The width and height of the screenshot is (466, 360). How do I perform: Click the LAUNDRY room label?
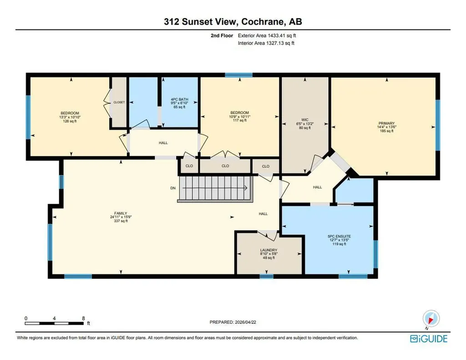click(x=268, y=250)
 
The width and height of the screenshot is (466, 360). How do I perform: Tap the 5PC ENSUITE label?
click(x=339, y=236)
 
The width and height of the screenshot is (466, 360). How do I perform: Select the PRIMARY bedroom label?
click(x=387, y=123)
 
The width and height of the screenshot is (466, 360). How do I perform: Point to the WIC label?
click(x=305, y=120)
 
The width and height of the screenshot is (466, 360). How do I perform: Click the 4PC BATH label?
click(x=179, y=99)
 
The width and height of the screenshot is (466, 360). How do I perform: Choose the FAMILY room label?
click(x=121, y=213)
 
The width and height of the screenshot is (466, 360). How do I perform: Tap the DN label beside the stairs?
click(x=173, y=188)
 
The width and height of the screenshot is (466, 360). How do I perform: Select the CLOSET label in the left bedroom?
click(x=119, y=102)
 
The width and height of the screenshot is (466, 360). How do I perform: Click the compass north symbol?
click(x=431, y=319)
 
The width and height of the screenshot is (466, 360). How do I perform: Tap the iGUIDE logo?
click(x=429, y=339)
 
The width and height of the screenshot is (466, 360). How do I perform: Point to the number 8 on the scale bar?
click(x=84, y=318)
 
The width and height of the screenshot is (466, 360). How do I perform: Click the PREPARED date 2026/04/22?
click(x=245, y=322)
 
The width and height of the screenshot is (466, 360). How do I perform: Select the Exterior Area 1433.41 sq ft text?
click(x=267, y=35)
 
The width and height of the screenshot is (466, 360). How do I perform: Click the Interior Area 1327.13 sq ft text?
click(x=266, y=43)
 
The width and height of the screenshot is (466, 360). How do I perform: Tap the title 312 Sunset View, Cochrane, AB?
click(x=233, y=22)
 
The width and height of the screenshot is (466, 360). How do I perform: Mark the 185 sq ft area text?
click(x=387, y=131)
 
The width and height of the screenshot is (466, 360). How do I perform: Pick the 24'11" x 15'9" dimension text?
click(x=121, y=217)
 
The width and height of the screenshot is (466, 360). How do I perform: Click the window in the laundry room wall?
click(x=266, y=276)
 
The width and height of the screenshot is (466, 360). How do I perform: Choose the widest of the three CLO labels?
click(x=225, y=166)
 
